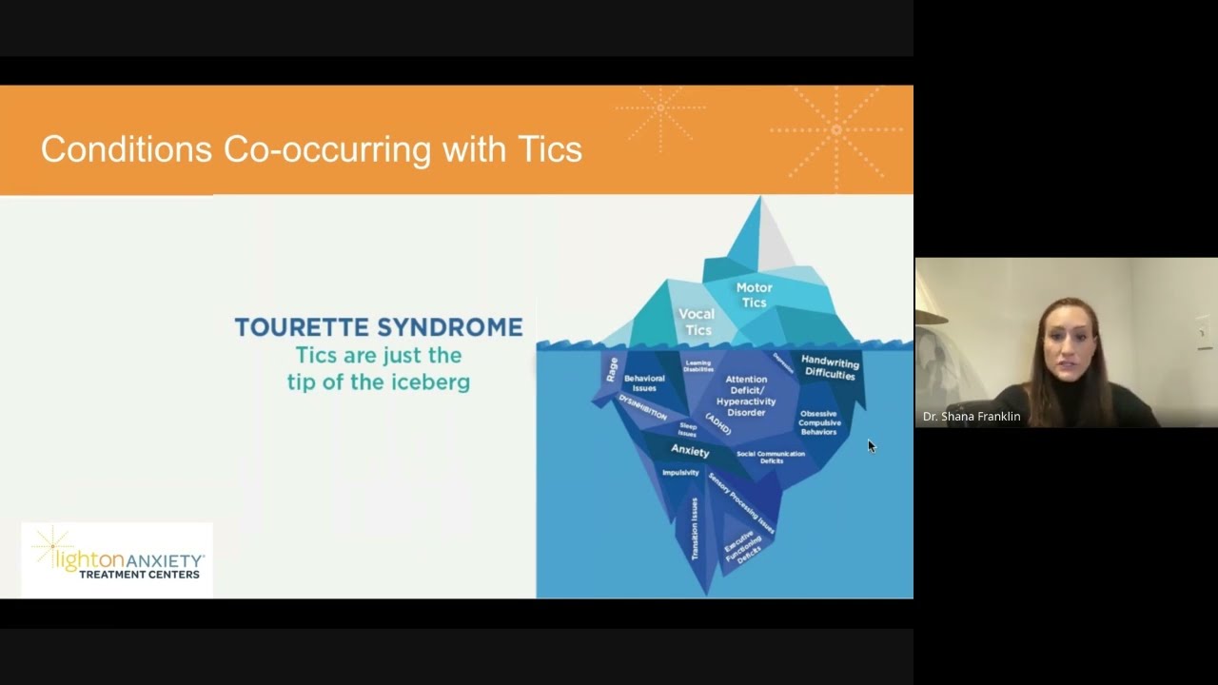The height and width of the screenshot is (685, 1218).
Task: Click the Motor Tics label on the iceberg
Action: [x=754, y=295]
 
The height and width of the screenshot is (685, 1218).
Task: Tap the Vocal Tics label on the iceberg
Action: [x=697, y=322]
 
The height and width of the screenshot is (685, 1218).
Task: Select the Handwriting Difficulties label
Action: [x=830, y=368]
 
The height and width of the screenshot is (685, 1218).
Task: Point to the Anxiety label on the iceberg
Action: [x=690, y=450]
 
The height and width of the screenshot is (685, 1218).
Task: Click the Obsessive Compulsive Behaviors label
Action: [x=819, y=422]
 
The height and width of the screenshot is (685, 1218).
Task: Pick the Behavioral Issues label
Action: [x=644, y=382]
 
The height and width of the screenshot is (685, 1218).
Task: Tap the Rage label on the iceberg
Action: [x=612, y=369]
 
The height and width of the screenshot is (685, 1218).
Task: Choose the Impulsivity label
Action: [x=680, y=473]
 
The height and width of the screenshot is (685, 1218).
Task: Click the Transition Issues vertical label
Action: [x=695, y=528]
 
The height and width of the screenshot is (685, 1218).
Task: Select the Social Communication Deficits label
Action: [x=771, y=457]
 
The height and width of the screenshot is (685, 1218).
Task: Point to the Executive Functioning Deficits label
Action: [x=743, y=547]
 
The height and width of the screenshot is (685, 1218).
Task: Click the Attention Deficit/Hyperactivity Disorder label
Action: [x=746, y=396]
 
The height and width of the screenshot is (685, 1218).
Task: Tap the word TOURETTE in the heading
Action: [x=303, y=327]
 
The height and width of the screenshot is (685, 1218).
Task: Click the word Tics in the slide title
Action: [x=550, y=149]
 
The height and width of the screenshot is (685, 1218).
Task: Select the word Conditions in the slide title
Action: [x=126, y=149]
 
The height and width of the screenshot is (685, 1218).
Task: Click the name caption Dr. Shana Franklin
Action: [x=972, y=417]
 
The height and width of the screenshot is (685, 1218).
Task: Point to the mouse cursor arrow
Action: [x=871, y=445]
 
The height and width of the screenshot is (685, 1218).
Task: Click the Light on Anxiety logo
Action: [x=117, y=559]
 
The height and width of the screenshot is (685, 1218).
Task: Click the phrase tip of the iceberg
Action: [x=379, y=382]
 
